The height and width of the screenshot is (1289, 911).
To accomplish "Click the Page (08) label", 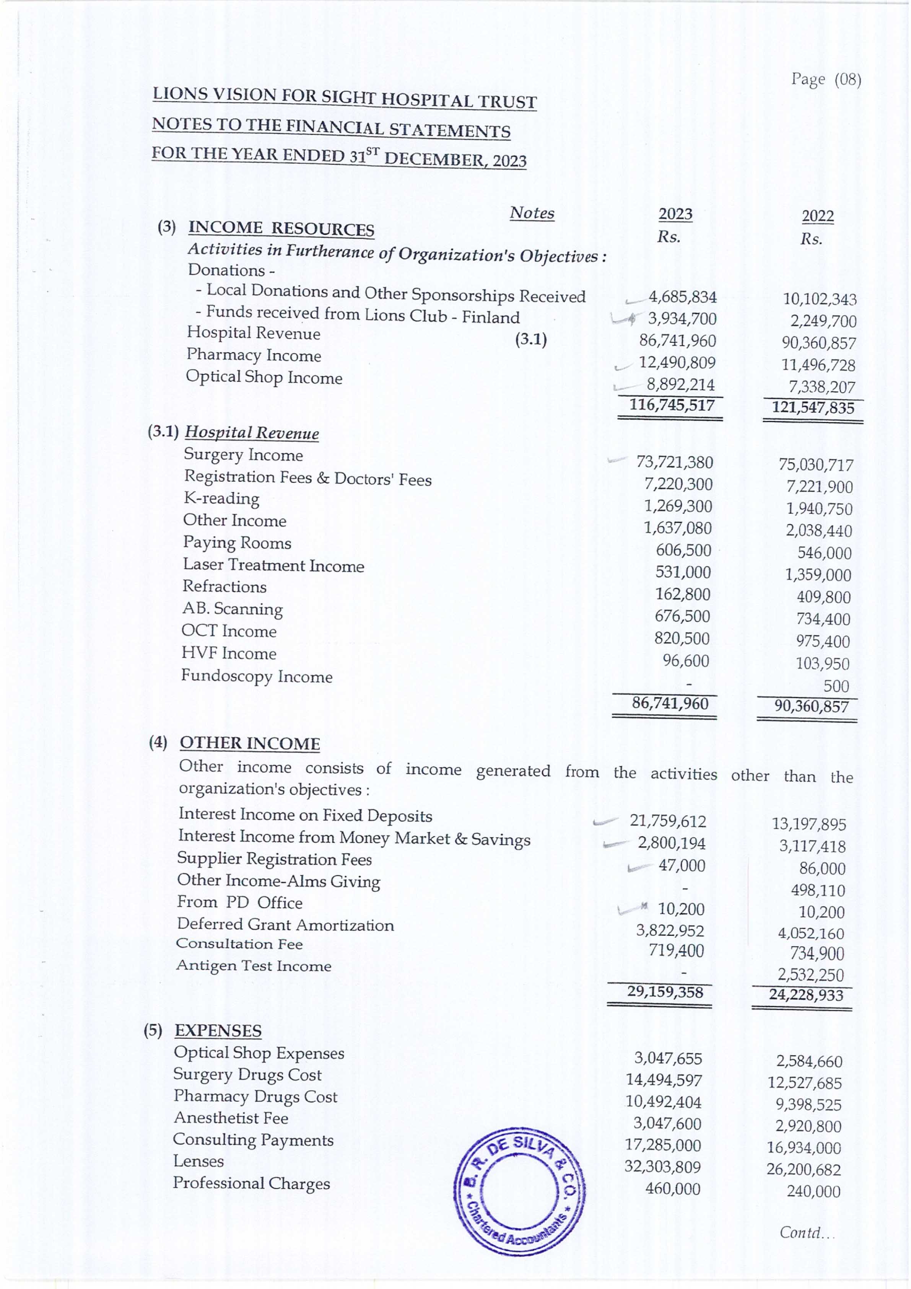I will pos(826,80).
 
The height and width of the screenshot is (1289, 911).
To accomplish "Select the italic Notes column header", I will pos(532,213).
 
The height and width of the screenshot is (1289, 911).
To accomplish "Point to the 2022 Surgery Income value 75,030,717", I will pos(815,465).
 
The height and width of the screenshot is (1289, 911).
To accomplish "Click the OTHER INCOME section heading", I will pos(250,743).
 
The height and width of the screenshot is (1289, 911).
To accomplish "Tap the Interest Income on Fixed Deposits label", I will pos(305,815).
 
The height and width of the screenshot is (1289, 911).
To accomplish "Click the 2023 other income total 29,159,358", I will pos(665,992).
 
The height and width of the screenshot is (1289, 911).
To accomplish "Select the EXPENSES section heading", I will pos(218,1031).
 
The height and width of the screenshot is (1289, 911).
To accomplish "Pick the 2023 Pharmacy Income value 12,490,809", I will pos(677,363).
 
